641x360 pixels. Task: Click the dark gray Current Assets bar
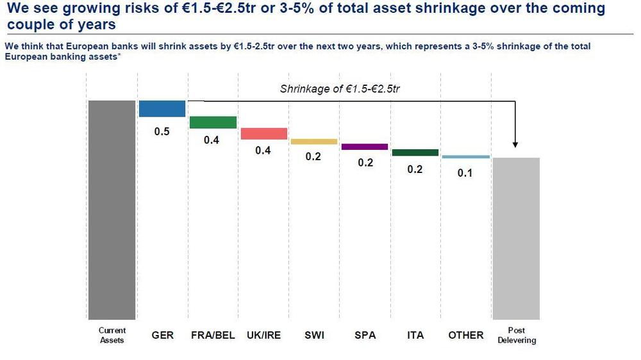[112, 209]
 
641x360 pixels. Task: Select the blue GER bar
[162, 108]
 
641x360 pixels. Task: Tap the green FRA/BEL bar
[213, 122]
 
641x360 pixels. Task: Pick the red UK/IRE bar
[263, 133]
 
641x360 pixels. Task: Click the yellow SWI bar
[313, 142]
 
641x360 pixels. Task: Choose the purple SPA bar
[364, 147]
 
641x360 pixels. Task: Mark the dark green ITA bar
[415, 152]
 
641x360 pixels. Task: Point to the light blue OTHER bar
[465, 156]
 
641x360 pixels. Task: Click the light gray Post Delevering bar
[516, 238]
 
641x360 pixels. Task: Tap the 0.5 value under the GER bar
[162, 132]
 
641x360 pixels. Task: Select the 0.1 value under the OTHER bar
[465, 173]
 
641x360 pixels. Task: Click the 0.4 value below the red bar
[263, 151]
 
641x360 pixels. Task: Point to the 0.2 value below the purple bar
[365, 163]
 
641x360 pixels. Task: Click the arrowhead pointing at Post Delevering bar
[515, 146]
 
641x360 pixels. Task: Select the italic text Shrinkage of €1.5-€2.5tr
[340, 89]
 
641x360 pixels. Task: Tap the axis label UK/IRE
[263, 335]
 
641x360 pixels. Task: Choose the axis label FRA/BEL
[213, 335]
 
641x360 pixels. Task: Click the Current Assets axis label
[112, 335]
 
